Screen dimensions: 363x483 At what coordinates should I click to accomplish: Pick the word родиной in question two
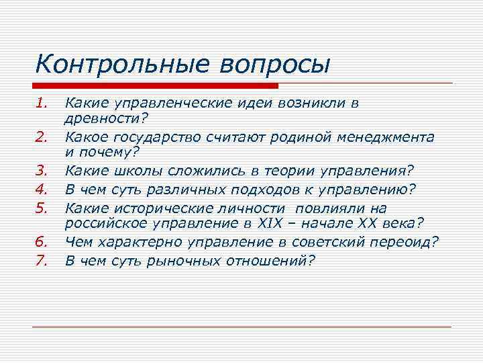[294, 137]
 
